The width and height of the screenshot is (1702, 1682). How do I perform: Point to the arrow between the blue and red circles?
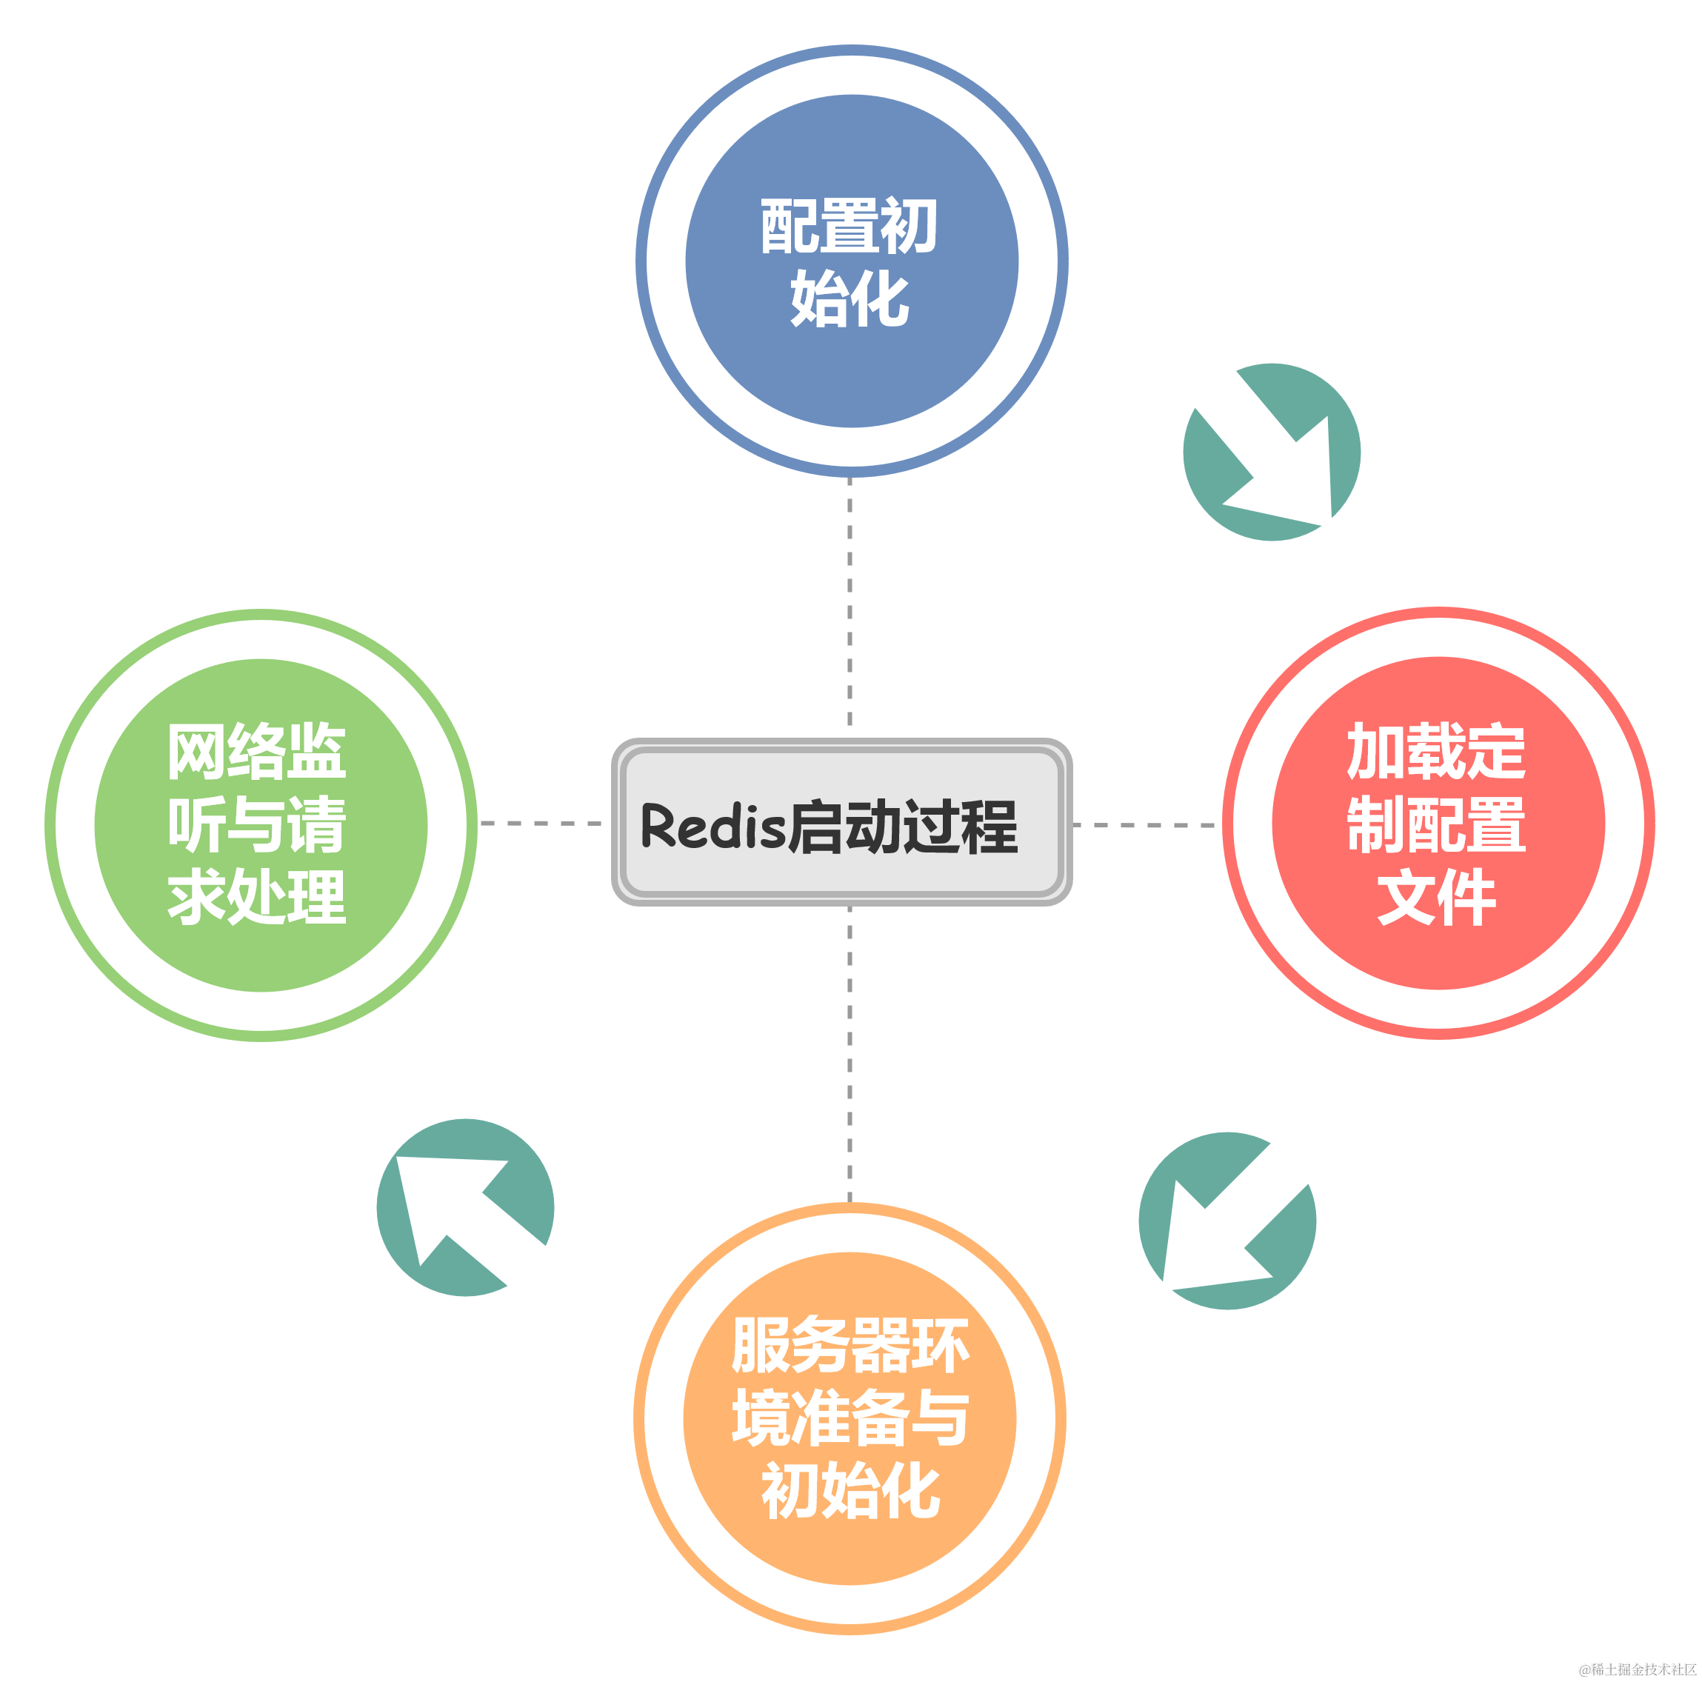click(x=1271, y=451)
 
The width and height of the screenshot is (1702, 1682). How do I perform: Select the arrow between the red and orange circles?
click(x=1227, y=1221)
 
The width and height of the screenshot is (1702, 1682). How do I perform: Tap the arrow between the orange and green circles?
click(x=466, y=1207)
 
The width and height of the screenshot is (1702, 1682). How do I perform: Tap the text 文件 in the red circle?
click(x=1437, y=897)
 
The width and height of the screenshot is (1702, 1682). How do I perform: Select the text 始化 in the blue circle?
click(x=850, y=299)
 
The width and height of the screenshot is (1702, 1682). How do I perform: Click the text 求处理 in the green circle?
click(x=256, y=897)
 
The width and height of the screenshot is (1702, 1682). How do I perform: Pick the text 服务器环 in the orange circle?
click(x=850, y=1346)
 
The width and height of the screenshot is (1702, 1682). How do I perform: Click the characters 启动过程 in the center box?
click(x=902, y=827)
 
